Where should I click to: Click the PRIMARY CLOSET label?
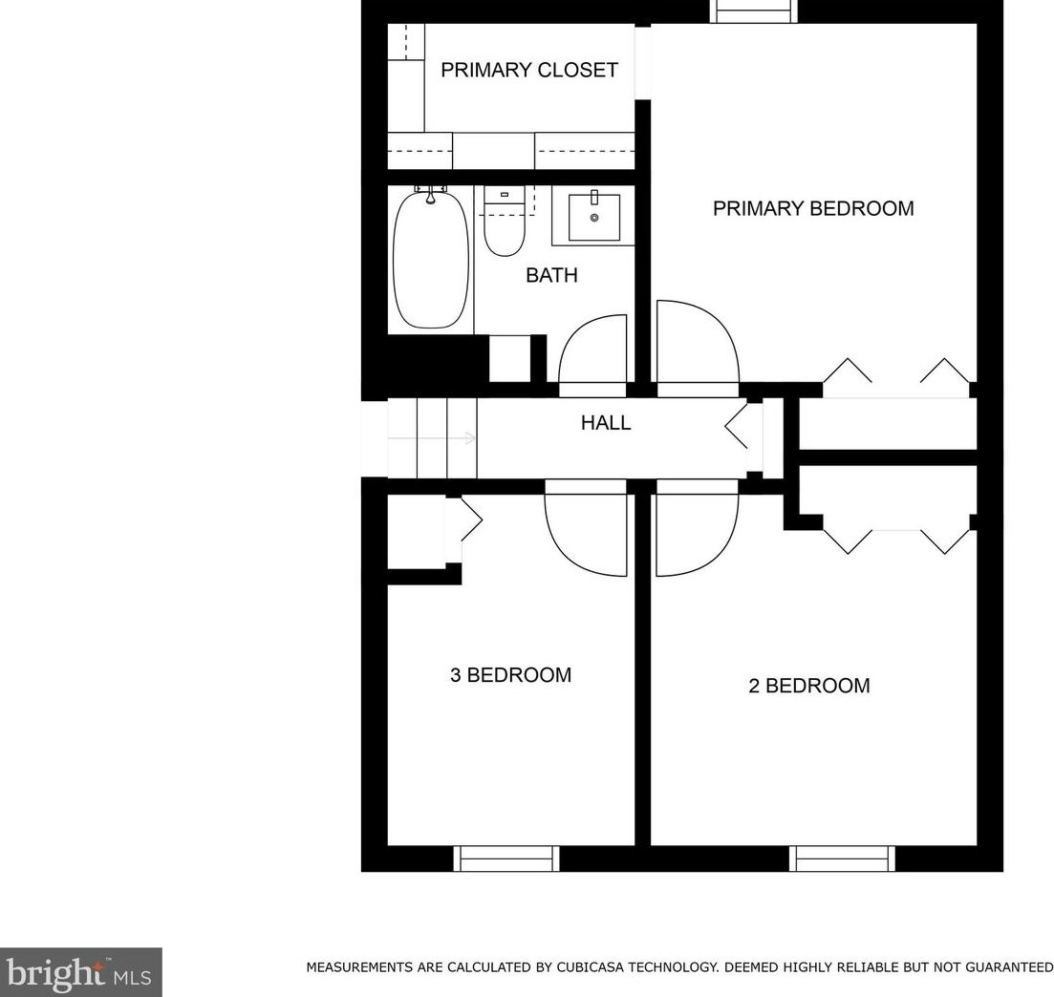(x=528, y=71)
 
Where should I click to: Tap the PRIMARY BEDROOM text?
(x=813, y=208)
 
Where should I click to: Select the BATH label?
(x=551, y=276)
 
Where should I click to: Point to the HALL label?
(x=606, y=423)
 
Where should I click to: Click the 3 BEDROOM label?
(x=510, y=675)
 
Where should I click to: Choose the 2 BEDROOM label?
(x=808, y=686)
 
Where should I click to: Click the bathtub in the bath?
(x=431, y=260)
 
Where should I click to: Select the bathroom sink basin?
(x=594, y=218)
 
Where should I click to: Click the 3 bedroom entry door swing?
(x=585, y=535)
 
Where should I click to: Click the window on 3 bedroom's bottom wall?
(x=506, y=859)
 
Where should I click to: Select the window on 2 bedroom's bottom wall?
(x=843, y=859)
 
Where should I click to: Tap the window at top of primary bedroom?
(x=754, y=11)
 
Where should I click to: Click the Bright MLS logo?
(x=80, y=972)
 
